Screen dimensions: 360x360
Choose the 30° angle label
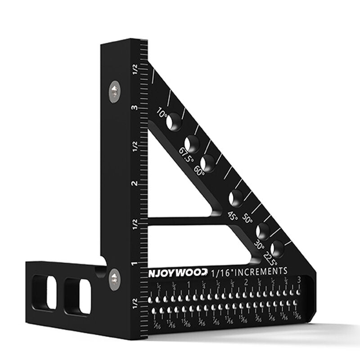260,245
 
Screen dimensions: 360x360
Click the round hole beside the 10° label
174,121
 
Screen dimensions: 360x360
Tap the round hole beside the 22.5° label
277,247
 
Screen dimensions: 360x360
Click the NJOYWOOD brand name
178,272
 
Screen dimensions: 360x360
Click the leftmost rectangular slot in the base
39,292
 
